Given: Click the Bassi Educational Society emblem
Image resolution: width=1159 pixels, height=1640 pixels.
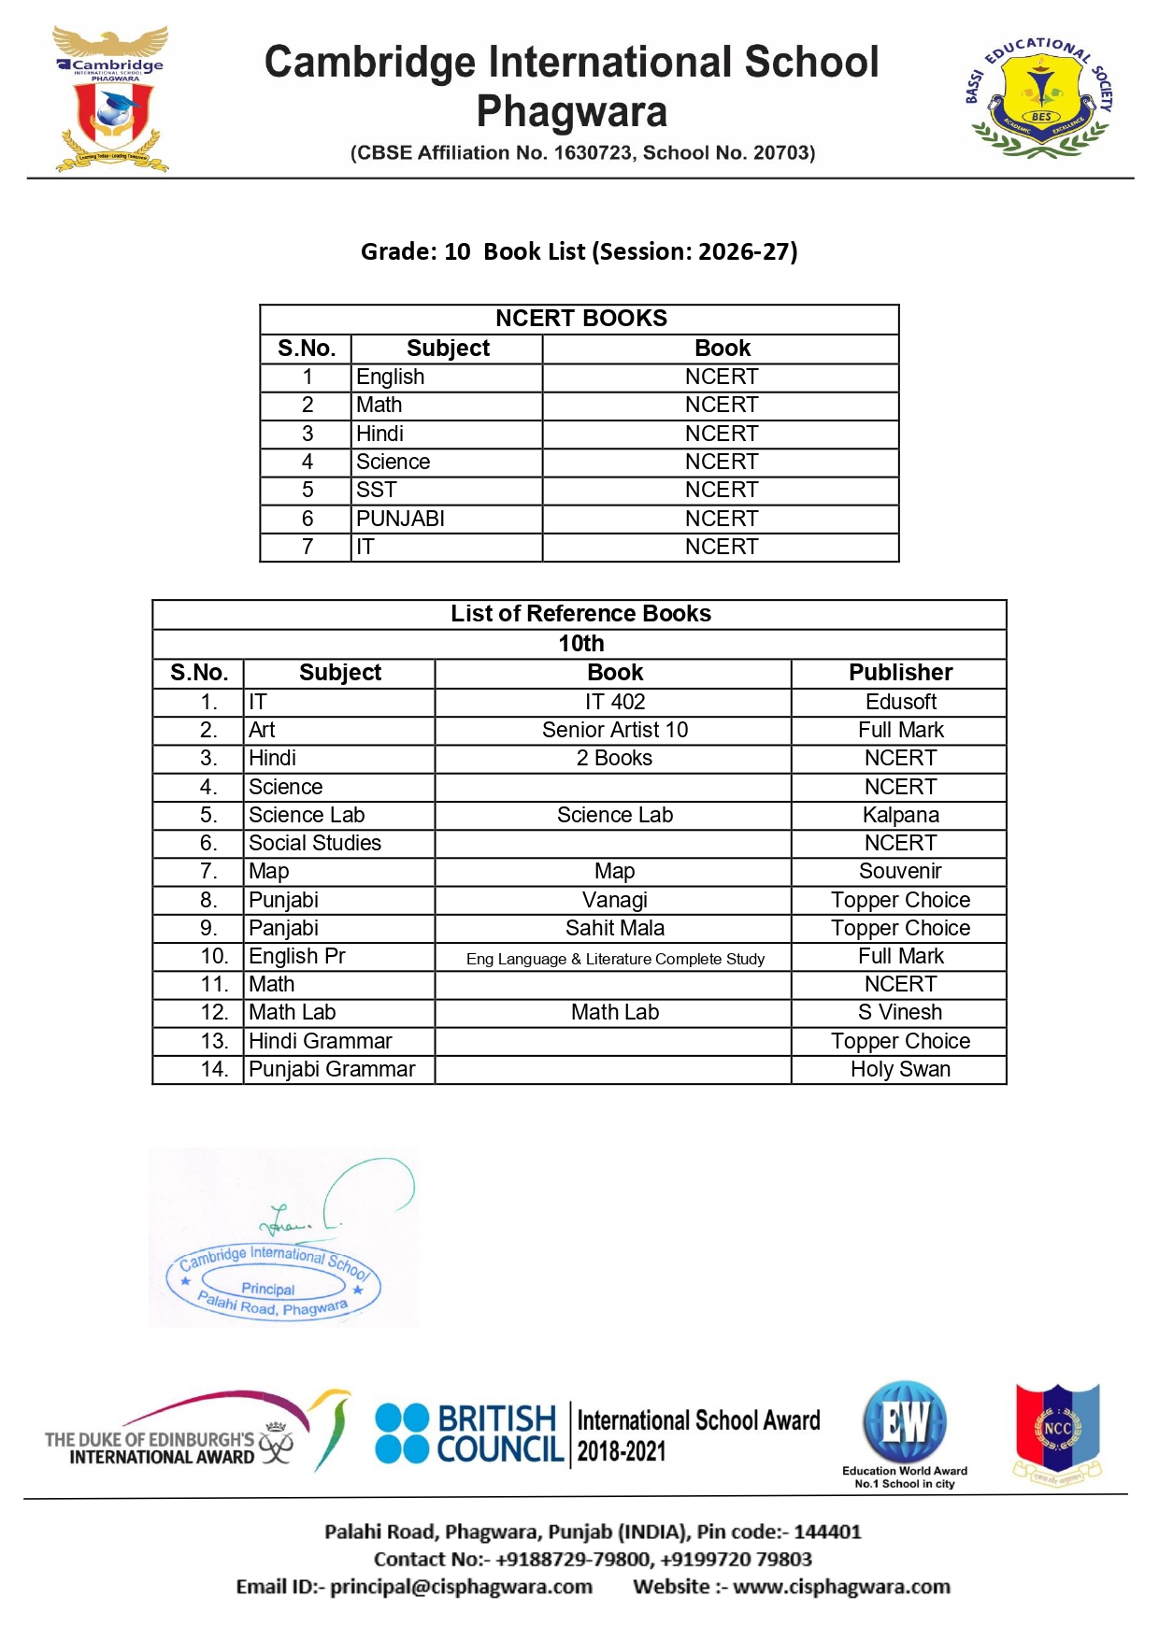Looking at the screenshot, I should tap(1039, 96).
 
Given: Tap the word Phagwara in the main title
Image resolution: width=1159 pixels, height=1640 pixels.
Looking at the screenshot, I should tap(572, 112).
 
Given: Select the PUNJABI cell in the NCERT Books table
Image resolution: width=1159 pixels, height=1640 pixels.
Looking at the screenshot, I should tap(400, 519).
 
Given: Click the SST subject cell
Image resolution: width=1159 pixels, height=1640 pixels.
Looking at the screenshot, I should tap(377, 490).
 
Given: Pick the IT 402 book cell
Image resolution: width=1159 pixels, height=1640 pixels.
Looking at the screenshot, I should tap(614, 702).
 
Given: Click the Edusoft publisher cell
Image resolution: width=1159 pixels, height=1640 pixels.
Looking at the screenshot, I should tap(900, 702).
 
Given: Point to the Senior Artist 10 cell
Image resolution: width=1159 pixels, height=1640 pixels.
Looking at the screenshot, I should tap(614, 730).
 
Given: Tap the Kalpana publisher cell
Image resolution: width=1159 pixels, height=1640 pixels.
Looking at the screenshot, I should tap(900, 815).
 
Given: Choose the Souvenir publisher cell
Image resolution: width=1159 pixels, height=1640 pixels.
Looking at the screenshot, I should tap(900, 871).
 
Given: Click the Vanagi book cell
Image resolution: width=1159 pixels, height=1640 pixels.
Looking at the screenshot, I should tap(614, 900).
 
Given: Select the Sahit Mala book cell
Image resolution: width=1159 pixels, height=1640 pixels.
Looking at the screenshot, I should tap(614, 928).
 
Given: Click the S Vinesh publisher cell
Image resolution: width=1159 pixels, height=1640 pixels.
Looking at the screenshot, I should tap(900, 1012).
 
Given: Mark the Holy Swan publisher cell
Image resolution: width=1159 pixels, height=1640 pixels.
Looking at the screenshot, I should tap(900, 1069).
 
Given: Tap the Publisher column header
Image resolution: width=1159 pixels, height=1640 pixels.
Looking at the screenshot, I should tap(900, 673).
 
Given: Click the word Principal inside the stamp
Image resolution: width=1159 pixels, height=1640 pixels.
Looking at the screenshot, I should tap(267, 1289).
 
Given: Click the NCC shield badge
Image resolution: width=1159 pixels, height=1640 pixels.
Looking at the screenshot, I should tap(1057, 1430).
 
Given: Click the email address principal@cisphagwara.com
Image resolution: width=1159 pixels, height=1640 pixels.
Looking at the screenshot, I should tap(461, 1587).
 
